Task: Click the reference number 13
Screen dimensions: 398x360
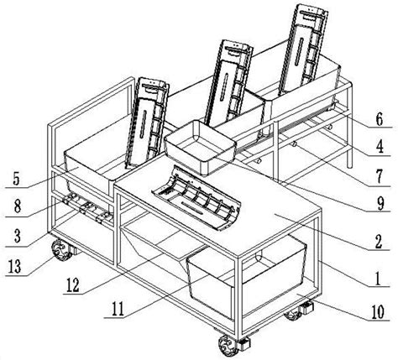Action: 15,267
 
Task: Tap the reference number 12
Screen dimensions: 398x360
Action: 72,285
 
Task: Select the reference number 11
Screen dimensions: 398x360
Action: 118,310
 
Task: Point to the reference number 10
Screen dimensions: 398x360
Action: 378,311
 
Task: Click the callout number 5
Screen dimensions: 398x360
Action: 16,179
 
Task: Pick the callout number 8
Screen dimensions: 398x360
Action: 18,207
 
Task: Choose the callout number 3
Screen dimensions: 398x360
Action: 18,237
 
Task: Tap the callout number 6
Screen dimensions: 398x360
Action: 380,119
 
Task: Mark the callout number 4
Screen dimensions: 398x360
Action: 380,147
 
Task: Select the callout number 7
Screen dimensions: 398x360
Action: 379,177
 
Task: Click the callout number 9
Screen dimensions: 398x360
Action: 380,204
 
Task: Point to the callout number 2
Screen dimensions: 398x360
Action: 379,242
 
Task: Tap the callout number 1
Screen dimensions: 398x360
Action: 378,279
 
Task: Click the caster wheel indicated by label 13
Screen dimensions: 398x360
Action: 60,250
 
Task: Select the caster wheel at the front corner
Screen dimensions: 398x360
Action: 228,346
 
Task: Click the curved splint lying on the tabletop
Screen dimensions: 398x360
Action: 196,199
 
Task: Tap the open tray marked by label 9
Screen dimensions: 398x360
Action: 201,148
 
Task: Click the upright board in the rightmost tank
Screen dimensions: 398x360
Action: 304,49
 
